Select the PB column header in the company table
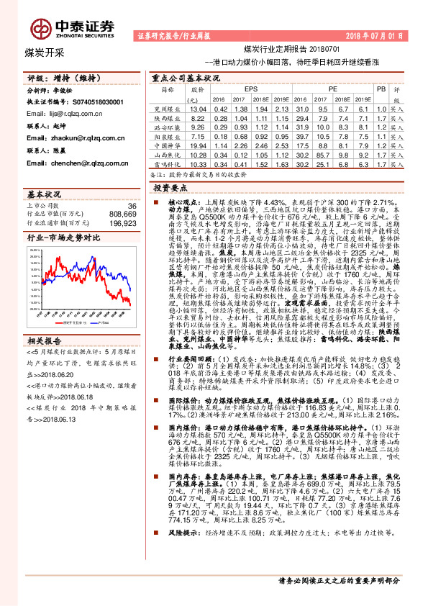click(381, 88)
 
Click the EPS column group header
click(251, 88)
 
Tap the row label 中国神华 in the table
click(168, 145)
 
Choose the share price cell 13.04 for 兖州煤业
click(198, 108)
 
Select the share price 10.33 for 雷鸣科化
click(198, 163)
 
